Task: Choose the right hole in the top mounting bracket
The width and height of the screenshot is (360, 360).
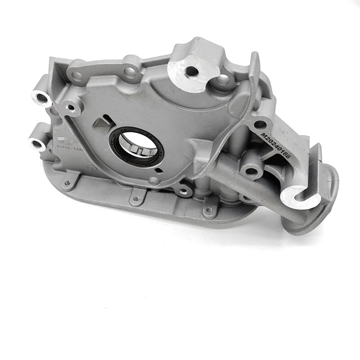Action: click(131, 72)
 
